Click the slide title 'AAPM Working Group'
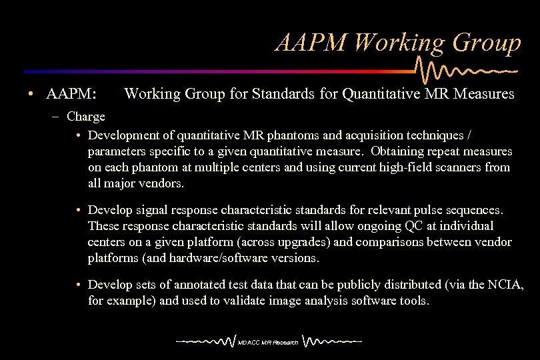[x=398, y=43]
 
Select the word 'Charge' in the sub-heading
[x=86, y=117]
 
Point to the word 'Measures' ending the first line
[x=484, y=94]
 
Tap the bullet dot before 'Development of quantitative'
[x=79, y=136]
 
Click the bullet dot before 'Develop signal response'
[x=79, y=210]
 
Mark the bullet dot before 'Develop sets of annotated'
[x=79, y=285]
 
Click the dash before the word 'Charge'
[x=58, y=117]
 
